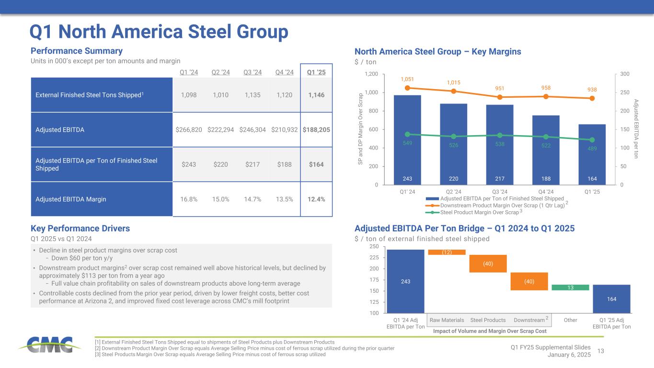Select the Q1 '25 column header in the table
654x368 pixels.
[316, 73]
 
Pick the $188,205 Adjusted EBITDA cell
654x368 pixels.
[316, 129]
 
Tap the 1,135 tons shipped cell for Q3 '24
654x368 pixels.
[252, 95]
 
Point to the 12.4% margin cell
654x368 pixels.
[316, 199]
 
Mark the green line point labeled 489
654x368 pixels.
[592, 140]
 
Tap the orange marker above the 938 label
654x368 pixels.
[592, 98]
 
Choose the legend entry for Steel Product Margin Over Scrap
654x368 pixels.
[480, 212]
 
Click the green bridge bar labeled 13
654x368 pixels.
[570, 287]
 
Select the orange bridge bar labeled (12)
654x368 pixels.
[447, 252]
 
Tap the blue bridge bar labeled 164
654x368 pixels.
[611, 299]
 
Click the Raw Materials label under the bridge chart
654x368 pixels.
[447, 320]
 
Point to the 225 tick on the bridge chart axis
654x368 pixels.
[374, 258]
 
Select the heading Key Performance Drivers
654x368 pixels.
[80, 229]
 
